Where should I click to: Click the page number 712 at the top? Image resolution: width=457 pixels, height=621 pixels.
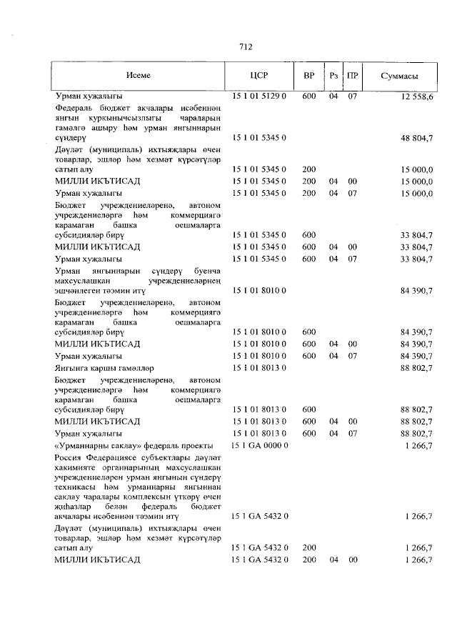click(246, 48)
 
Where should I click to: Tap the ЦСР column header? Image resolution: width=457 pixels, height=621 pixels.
click(258, 76)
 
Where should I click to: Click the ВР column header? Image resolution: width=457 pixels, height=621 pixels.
click(308, 76)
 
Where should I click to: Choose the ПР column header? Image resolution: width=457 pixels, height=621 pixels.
click(352, 76)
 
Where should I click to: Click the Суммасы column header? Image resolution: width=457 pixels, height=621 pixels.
click(399, 76)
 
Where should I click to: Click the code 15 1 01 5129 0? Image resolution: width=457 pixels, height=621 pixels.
click(258, 96)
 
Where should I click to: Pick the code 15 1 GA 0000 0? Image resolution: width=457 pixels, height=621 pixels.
click(258, 446)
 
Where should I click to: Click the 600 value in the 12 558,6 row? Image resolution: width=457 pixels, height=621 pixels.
click(308, 96)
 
